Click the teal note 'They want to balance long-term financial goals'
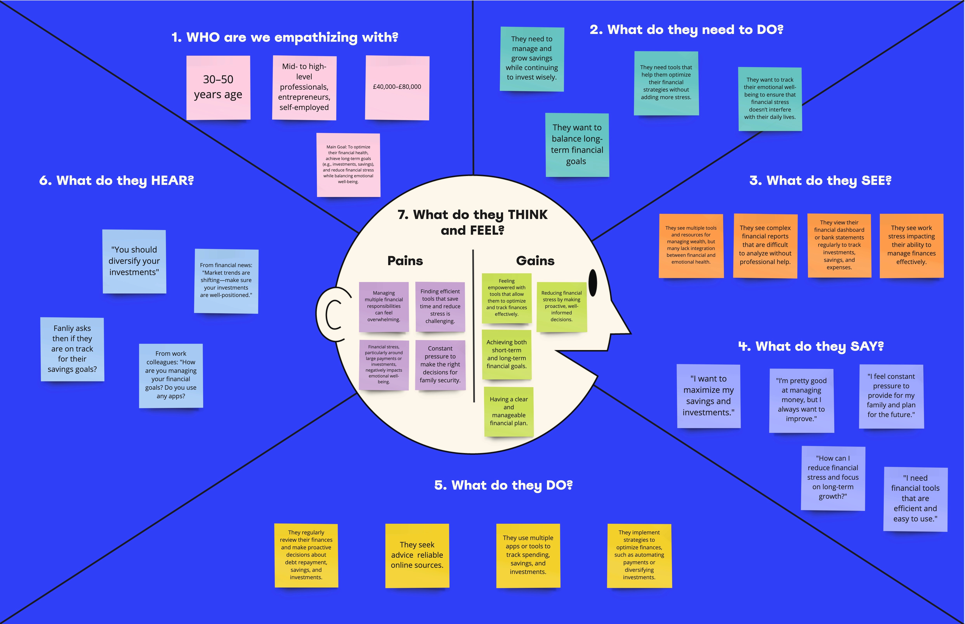click(577, 145)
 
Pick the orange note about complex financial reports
click(765, 245)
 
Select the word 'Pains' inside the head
click(405, 261)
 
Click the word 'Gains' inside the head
click(535, 261)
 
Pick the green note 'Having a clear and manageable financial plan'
click(509, 411)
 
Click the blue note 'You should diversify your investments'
click(134, 261)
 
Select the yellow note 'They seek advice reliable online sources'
click(417, 555)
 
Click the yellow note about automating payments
click(639, 555)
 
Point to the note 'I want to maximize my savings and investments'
click(708, 396)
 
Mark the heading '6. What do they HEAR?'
click(116, 180)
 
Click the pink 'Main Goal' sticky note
click(348, 165)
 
